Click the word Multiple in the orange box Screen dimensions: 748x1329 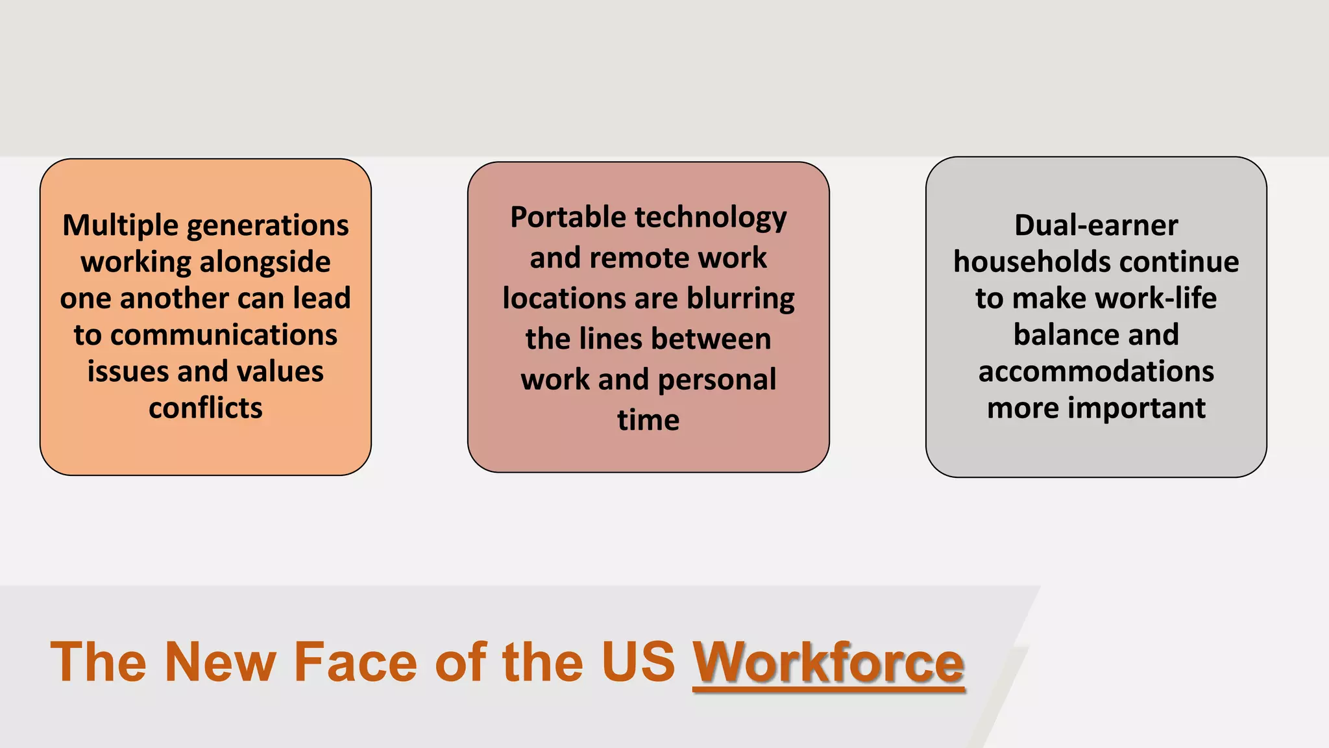click(120, 226)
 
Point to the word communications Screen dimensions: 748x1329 click(224, 335)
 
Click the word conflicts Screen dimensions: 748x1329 click(206, 408)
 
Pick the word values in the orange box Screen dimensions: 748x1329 click(280, 371)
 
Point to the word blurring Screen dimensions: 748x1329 click(740, 299)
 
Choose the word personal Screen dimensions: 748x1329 click(717, 380)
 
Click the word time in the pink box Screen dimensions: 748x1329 click(648, 420)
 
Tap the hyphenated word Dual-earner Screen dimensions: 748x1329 click(1096, 226)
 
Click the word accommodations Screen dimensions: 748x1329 click(1096, 371)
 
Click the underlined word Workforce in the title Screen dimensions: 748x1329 click(829, 662)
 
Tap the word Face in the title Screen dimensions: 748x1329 click(355, 662)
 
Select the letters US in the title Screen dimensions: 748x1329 click(639, 662)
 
